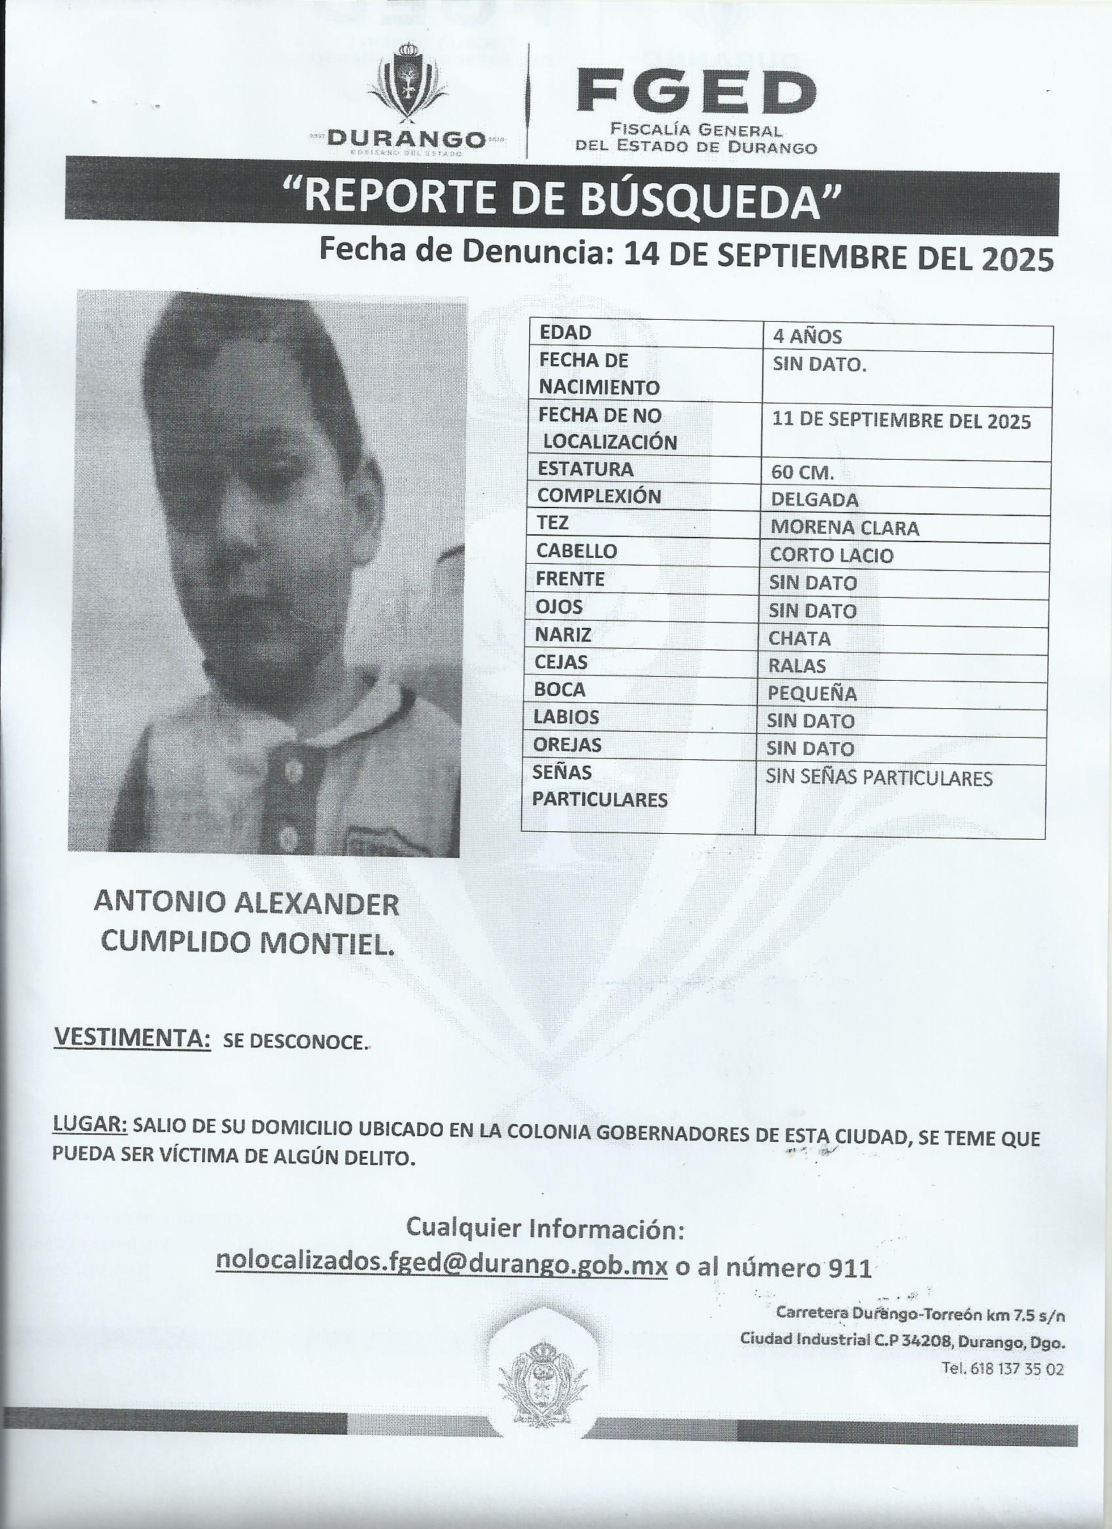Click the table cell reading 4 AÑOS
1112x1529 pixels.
807,336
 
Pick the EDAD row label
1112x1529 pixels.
565,332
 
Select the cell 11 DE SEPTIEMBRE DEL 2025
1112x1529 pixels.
901,421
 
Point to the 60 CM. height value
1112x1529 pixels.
803,473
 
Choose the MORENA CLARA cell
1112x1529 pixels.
844,527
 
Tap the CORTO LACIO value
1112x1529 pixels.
831,555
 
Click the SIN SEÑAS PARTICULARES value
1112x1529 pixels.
878,778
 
